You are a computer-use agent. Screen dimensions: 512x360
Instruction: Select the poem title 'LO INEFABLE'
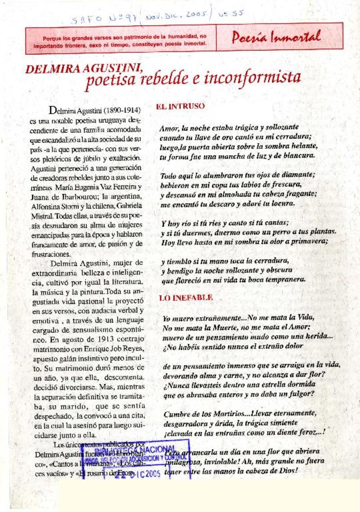186,298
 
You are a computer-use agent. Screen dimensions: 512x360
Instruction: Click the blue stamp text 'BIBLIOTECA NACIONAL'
135,451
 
